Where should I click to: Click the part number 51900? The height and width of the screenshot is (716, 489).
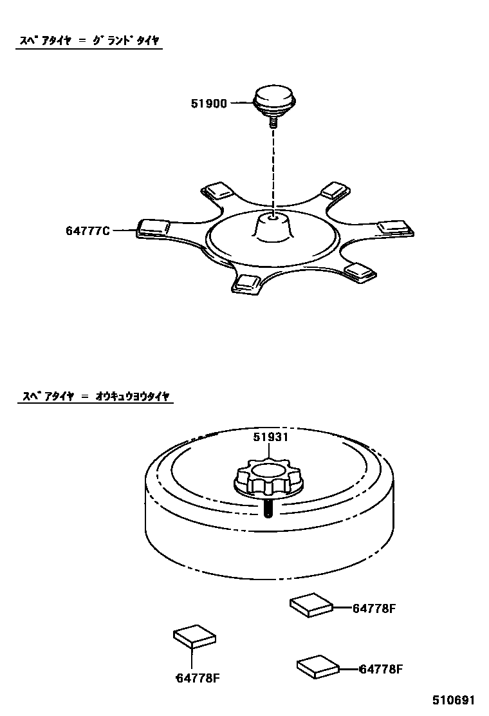pos(208,103)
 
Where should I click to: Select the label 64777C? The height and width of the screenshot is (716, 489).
pos(88,230)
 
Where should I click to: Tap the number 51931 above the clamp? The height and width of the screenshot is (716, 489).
pos(270,437)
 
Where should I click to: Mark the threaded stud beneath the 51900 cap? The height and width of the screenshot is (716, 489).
pos(273,120)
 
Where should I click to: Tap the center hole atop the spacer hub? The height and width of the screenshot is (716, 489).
pos(273,218)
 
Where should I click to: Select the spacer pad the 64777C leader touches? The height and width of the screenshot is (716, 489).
pos(153,227)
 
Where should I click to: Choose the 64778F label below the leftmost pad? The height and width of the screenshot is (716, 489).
pos(198,677)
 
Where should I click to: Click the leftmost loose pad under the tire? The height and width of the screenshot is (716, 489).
pos(194,636)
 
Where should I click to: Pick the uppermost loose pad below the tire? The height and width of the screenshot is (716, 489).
pos(311,605)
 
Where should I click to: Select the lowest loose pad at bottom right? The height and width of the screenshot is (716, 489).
pos(318,666)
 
